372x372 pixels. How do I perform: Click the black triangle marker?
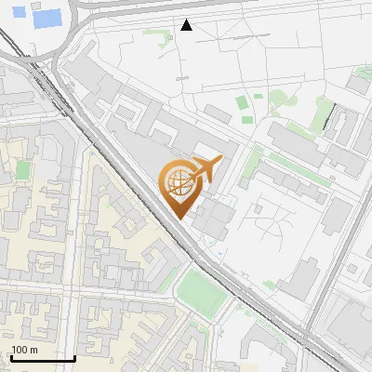(187, 25)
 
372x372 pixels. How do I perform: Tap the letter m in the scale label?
(34, 350)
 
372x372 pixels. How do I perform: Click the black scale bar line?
(43, 358)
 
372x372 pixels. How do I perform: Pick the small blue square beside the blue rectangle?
(21, 16)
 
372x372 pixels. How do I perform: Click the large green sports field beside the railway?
(202, 291)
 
